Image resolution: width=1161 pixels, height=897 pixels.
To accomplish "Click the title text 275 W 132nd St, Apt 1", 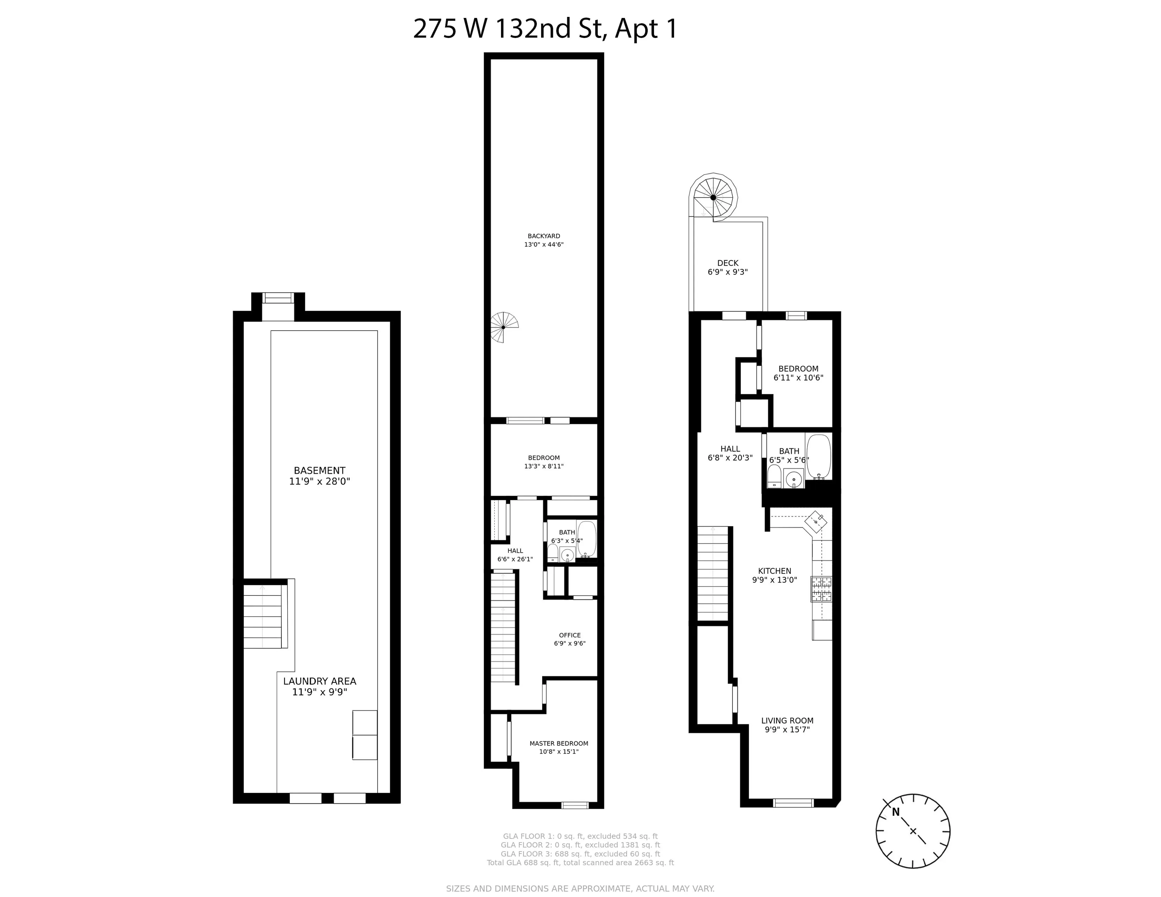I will pos(545,29).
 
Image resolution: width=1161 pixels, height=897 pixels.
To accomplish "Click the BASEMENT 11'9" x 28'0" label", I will pos(319,476).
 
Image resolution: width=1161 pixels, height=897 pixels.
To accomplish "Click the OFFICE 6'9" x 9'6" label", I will pos(569,639).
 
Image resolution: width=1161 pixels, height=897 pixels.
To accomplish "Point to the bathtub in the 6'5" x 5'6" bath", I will pos(818,456).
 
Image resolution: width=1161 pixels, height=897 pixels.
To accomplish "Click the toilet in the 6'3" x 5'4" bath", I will pos(553,553).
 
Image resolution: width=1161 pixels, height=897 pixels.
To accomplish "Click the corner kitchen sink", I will pos(816,521).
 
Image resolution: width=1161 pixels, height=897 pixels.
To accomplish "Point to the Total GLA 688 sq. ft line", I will pos(580,863).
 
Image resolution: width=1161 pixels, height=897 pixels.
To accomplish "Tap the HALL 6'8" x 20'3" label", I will pos(730,453).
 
